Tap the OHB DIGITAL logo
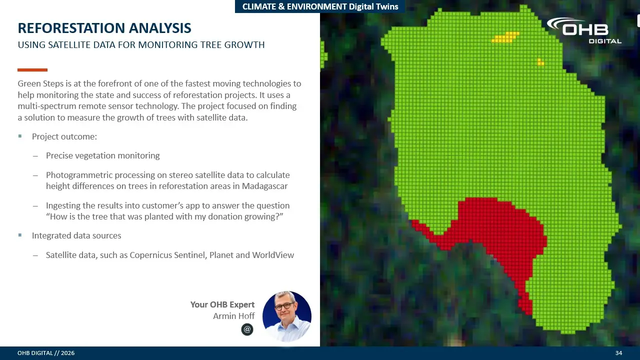click(584, 30)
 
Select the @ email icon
click(247, 329)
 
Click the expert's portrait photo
click(287, 316)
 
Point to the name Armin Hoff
click(233, 316)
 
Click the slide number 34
click(618, 353)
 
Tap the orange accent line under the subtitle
click(32, 69)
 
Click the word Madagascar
click(264, 186)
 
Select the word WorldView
click(273, 255)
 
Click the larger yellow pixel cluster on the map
click(505, 37)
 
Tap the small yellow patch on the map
click(540, 62)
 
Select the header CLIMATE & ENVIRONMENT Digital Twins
click(320, 6)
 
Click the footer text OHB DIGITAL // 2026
click(46, 353)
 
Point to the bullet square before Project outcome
click(20, 136)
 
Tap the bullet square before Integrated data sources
click(20, 235)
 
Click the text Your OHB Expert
click(222, 304)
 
